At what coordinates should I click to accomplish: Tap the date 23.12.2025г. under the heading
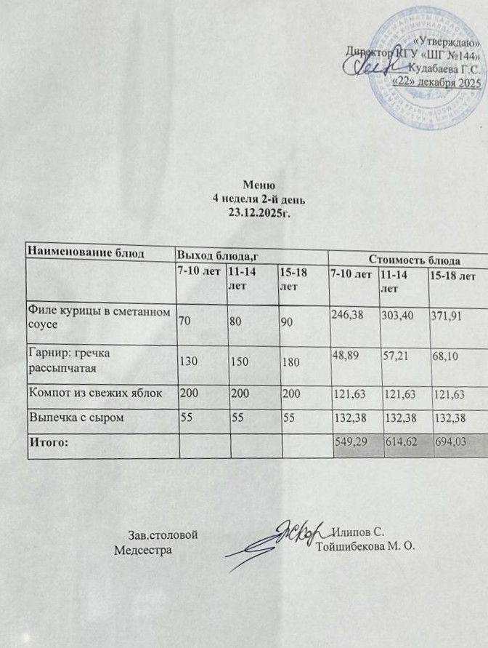(259, 210)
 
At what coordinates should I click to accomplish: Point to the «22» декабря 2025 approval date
(436, 82)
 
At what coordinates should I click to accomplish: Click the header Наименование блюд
(81, 252)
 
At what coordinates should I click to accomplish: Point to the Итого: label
(48, 441)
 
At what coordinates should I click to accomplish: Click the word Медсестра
(143, 549)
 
